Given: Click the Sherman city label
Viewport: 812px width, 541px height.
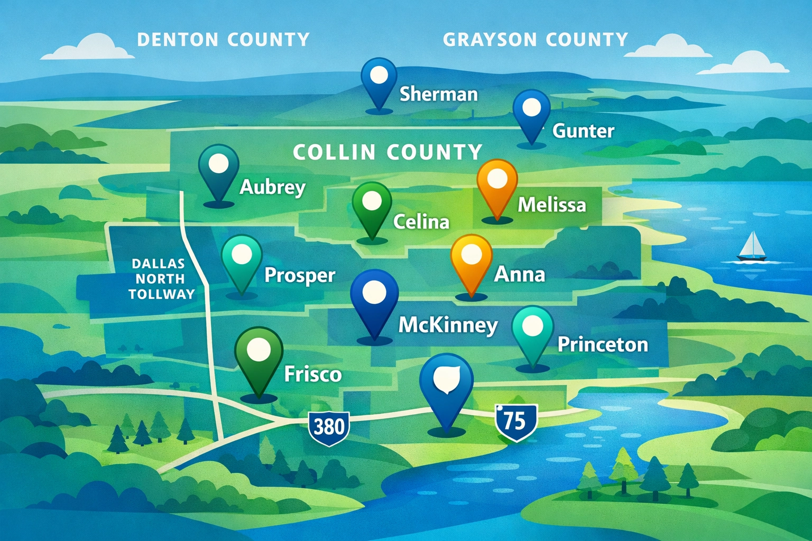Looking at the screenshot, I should [x=438, y=94].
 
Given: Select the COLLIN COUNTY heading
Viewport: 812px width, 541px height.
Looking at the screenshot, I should [x=387, y=152].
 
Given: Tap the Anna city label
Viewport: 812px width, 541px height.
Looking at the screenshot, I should [x=519, y=274].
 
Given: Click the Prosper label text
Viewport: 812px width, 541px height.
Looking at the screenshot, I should [x=299, y=275].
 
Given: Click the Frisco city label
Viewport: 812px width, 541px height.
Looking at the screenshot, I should [x=313, y=374].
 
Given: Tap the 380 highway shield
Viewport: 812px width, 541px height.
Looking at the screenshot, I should [x=329, y=426].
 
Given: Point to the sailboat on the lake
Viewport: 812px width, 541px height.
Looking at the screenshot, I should [x=751, y=247].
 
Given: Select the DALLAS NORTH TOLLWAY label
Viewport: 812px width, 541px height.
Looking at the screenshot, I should [x=159, y=278].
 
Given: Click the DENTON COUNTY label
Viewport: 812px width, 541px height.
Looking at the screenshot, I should [x=223, y=40].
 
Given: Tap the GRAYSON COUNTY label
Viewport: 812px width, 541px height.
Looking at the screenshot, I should [x=536, y=40].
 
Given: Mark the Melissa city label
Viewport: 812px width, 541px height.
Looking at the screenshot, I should [x=551, y=204].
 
